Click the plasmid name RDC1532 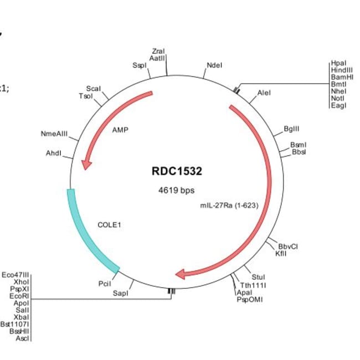[x=177, y=171]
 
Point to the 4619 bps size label [x=177, y=191]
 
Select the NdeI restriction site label [x=214, y=65]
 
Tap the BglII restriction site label [x=291, y=128]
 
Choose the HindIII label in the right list [x=341, y=70]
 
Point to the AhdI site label [x=53, y=153]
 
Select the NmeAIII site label [x=54, y=133]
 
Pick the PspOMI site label [x=250, y=300]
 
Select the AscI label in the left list [x=23, y=338]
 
